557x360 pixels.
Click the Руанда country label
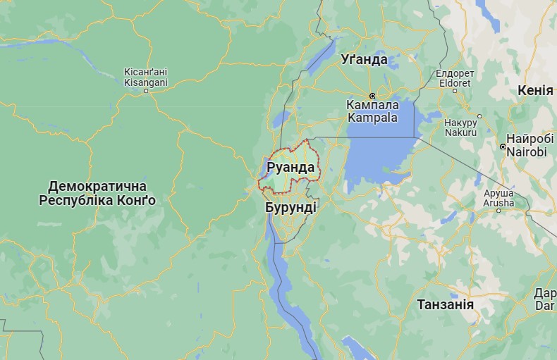(x=290, y=168)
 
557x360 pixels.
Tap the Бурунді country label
(x=290, y=209)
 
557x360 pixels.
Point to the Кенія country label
(x=535, y=91)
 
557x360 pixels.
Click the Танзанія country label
(x=445, y=304)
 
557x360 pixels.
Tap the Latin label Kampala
(x=372, y=118)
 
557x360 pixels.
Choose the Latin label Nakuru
(x=461, y=132)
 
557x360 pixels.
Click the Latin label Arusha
(x=498, y=203)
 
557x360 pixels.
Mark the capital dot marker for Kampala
(x=372, y=95)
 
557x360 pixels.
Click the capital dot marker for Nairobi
(x=502, y=147)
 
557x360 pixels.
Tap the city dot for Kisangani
(x=145, y=91)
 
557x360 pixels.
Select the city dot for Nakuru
(x=479, y=116)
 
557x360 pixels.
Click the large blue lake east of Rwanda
(x=381, y=151)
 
